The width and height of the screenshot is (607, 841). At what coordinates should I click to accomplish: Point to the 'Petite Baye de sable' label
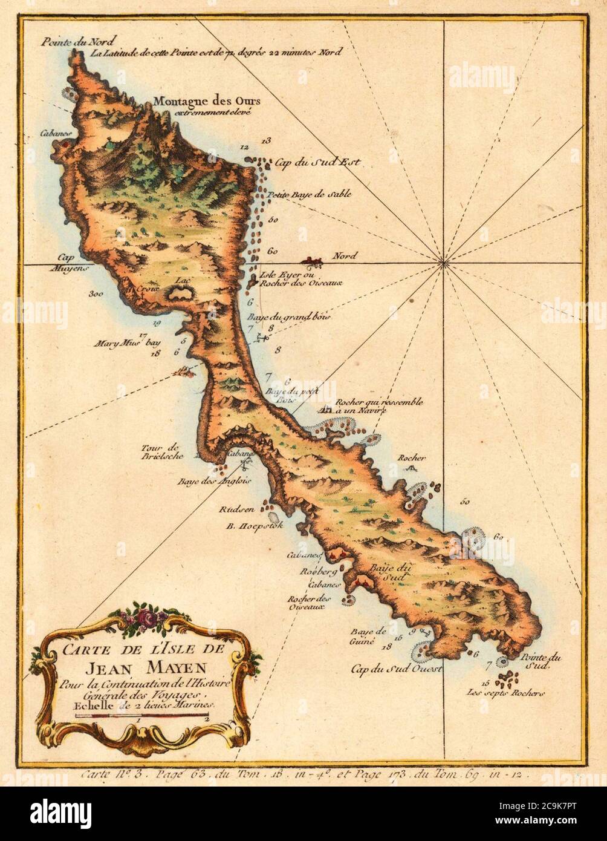coord(310,195)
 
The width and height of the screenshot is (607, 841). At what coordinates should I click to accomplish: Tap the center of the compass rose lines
coord(444,263)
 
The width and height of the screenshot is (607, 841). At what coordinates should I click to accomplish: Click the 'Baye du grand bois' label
coord(289,316)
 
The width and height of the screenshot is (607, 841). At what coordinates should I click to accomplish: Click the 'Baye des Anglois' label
coord(206,482)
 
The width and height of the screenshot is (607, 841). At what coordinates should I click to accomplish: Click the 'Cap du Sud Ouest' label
coord(397,669)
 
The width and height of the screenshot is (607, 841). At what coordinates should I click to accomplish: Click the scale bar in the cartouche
coord(142,716)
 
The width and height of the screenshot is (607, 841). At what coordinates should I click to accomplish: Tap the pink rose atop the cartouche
coord(147,617)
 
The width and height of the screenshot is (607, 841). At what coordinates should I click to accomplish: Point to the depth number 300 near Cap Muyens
coord(95,294)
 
